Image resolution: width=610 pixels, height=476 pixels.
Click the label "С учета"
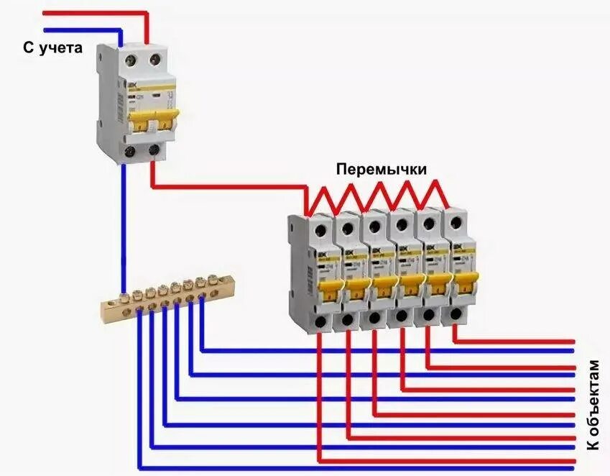click(x=52, y=49)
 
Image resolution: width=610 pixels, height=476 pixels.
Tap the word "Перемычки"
click(x=382, y=169)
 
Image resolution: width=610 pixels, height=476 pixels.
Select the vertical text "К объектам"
click(x=593, y=406)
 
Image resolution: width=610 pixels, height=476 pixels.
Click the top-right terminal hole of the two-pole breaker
click(x=152, y=62)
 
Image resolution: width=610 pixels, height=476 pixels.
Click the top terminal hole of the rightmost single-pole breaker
click(x=454, y=219)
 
